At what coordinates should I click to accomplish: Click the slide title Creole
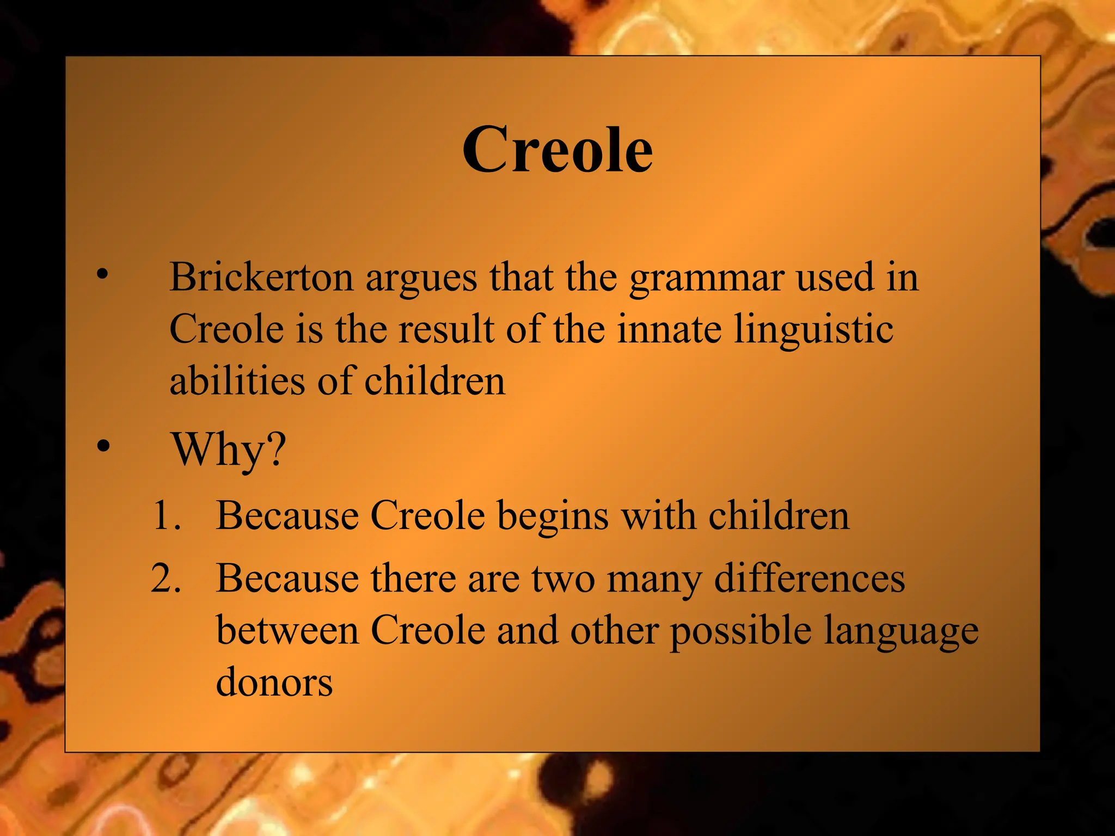pos(557,150)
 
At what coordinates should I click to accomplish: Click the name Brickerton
pos(261,278)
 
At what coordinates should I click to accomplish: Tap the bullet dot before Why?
pos(102,446)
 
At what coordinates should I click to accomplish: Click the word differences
pos(809,578)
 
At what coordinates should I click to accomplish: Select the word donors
pos(274,683)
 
